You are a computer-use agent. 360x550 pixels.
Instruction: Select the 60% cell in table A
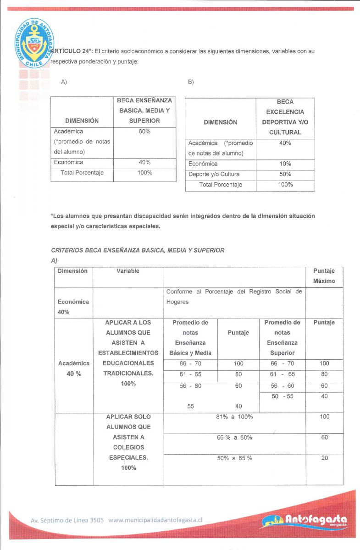point(144,132)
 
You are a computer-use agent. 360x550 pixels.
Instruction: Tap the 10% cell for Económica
point(285,164)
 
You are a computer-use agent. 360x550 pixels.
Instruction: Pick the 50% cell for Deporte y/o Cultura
point(285,174)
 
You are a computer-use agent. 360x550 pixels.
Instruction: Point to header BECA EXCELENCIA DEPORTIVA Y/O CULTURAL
point(285,117)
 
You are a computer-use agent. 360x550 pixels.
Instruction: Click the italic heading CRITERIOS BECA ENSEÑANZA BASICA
point(138,250)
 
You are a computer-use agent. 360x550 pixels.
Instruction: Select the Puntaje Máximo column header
point(324,276)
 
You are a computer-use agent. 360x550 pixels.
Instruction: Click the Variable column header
point(128,271)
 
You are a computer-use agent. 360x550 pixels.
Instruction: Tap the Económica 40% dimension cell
point(73,307)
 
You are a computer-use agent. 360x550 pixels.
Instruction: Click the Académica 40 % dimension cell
point(73,368)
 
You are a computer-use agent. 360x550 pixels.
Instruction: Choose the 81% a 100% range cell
point(234,417)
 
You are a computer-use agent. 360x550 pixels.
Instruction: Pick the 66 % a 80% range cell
point(234,438)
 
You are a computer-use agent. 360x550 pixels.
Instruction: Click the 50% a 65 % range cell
point(234,458)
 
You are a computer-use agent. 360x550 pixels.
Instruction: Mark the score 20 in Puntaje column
point(324,458)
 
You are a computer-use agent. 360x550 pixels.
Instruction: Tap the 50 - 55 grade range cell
point(282,396)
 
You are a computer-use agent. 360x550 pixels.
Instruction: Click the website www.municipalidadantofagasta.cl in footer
point(155,520)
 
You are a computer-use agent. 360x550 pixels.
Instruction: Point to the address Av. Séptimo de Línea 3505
point(67,521)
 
